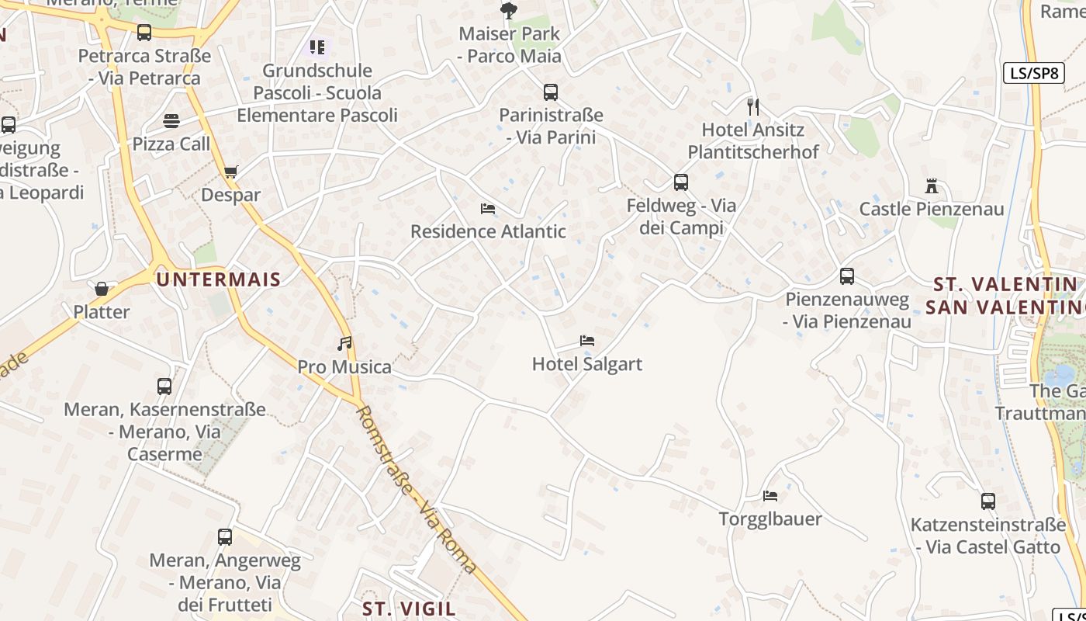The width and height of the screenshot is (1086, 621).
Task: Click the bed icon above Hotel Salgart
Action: coord(587,341)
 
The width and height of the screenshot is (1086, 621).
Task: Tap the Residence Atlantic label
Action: coord(488,231)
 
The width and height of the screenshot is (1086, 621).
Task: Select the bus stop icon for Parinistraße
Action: coord(551,92)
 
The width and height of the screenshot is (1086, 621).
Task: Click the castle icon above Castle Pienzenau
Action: coord(932,186)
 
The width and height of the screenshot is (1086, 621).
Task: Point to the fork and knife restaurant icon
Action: coord(752,106)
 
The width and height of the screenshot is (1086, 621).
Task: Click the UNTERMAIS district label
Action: coord(218,279)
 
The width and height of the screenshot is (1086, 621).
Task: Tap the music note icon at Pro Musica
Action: coord(344,343)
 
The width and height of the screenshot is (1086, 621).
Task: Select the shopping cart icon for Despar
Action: coord(230,172)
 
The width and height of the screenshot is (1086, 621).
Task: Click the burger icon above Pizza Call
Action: coord(171,121)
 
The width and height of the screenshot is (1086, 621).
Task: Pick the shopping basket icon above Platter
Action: coord(102,289)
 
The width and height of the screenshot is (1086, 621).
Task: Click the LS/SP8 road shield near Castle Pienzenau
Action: coord(1033,74)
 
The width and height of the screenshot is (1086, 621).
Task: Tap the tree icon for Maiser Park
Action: coord(509,11)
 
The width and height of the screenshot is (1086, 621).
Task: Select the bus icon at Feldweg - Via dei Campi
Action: coord(681,182)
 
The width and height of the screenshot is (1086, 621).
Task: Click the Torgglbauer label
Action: coord(770,519)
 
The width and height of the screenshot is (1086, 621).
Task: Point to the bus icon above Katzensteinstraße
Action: coord(987,501)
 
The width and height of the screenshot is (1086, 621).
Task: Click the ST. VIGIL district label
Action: coord(409,607)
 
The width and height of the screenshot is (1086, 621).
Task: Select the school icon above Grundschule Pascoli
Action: coord(316,47)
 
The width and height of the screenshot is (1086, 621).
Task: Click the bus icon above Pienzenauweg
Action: coord(847,276)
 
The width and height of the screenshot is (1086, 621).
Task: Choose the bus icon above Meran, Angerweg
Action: coord(225,536)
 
